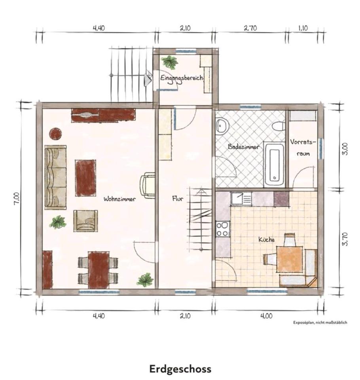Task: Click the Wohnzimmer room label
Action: [x=119, y=199]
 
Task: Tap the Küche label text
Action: [x=267, y=239]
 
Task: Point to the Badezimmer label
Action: [x=243, y=146]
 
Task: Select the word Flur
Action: [x=178, y=198]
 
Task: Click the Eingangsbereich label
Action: [x=182, y=78]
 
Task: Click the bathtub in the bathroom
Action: [x=274, y=165]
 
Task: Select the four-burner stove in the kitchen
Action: [x=223, y=229]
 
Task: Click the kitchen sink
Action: [x=241, y=198]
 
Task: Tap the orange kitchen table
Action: [x=290, y=259]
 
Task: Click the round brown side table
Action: [x=55, y=133]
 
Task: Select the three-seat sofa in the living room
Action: [x=55, y=177]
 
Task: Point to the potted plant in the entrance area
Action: [x=170, y=62]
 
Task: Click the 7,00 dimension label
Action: [x=17, y=199]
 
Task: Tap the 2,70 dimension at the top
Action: [x=250, y=28]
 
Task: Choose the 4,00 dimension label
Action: [x=266, y=316]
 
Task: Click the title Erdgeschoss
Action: [x=180, y=369]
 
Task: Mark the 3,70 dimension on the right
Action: [x=345, y=239]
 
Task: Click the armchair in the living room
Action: [x=86, y=221]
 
